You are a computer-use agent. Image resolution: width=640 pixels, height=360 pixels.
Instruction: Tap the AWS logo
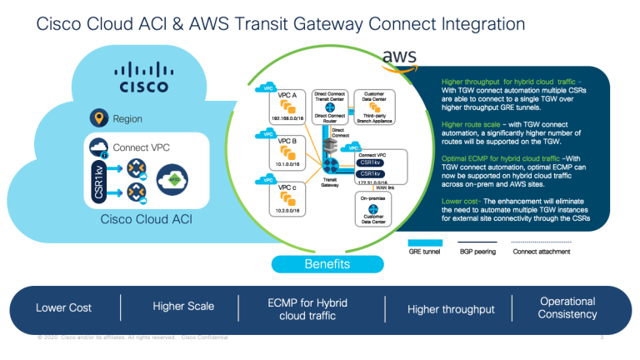coord(400,56)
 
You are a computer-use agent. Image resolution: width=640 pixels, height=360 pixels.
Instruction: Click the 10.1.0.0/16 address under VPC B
coord(287,165)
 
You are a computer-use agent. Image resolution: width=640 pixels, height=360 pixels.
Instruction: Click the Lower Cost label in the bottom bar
coord(63,308)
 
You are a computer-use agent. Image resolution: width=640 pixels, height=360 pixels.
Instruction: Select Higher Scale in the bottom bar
coord(183,307)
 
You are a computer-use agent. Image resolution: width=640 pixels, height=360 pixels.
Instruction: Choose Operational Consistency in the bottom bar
coord(567,307)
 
